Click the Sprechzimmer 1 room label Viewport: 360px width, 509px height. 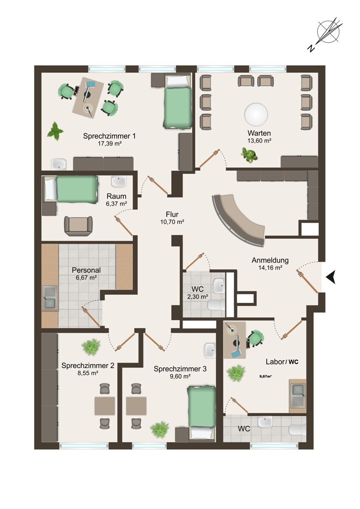[110, 136]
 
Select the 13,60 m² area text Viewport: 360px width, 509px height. [259, 140]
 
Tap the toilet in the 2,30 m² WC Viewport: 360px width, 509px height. [216, 305]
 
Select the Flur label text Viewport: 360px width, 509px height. [172, 214]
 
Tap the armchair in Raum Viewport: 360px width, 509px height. [79, 226]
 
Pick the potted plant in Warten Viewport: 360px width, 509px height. [250, 155]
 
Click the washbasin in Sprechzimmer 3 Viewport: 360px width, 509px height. [210, 350]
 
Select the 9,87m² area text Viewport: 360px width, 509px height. [266, 376]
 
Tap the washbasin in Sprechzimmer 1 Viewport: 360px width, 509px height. [59, 164]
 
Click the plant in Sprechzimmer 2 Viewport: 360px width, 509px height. [91, 347]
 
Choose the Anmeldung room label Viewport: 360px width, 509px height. [270, 260]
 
